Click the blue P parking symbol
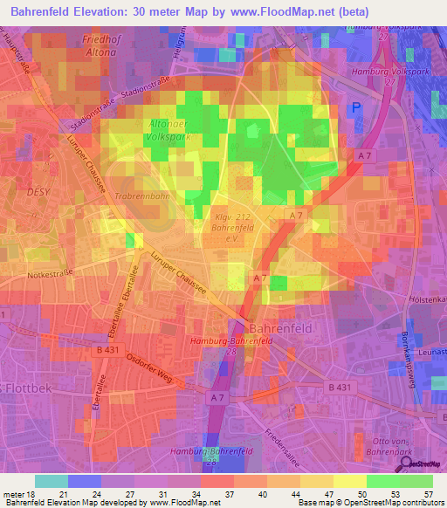tap(355, 108)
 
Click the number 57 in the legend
tap(427, 494)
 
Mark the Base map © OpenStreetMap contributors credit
tap(369, 504)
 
